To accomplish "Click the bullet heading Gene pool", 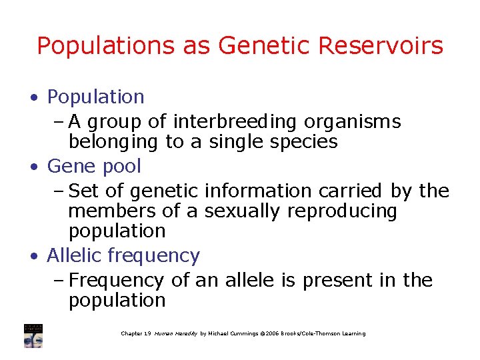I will coord(94,166).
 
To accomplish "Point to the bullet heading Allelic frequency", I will coord(123,255).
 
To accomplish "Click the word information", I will coord(269,191).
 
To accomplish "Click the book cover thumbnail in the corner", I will coord(33,336).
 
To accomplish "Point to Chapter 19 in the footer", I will coord(136,333).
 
